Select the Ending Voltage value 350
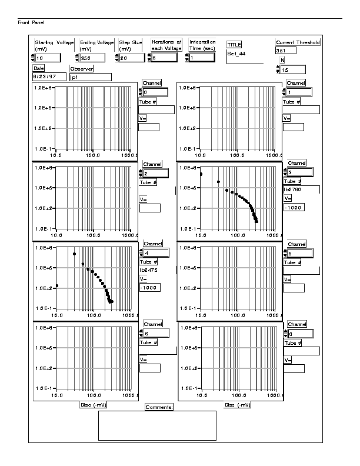click(93, 58)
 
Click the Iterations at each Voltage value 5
click(169, 58)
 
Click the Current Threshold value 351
click(285, 51)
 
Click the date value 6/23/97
click(49, 76)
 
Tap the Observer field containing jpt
click(90, 76)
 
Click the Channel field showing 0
click(156, 92)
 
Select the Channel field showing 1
click(299, 92)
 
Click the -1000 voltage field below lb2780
click(293, 208)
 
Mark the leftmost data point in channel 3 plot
click(201, 174)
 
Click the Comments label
click(159, 407)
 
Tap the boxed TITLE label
click(234, 44)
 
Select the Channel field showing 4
click(156, 253)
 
